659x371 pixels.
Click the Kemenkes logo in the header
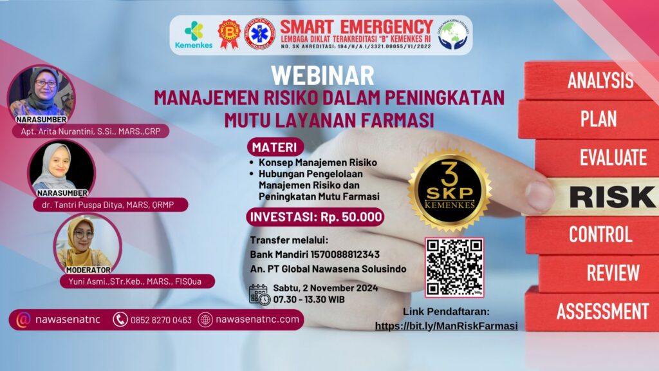[x=192, y=35]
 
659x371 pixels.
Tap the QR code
[x=454, y=267]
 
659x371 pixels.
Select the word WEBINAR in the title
[x=322, y=75]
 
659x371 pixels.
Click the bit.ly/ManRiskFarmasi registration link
[x=447, y=326]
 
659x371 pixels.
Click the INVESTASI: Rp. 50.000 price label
[x=315, y=216]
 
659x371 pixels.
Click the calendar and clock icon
[x=259, y=294]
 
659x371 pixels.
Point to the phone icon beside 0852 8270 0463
[x=120, y=319]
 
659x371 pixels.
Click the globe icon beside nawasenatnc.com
[x=205, y=319]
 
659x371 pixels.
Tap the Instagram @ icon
[x=24, y=319]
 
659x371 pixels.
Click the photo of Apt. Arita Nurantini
[x=41, y=91]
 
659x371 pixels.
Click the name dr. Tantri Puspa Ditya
[x=111, y=205]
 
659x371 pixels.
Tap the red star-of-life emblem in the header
[x=260, y=34]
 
